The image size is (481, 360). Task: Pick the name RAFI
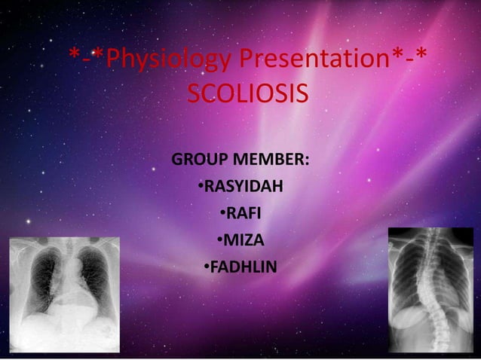pyautogui.click(x=244, y=214)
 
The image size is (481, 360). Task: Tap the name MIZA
pyautogui.click(x=244, y=240)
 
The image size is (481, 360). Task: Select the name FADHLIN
pyautogui.click(x=244, y=267)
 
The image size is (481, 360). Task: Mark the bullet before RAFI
pyautogui.click(x=223, y=214)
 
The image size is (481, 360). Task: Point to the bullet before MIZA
pyautogui.click(x=219, y=240)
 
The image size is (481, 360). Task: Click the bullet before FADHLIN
pyautogui.click(x=207, y=267)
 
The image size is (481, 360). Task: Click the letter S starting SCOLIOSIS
pyautogui.click(x=193, y=96)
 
